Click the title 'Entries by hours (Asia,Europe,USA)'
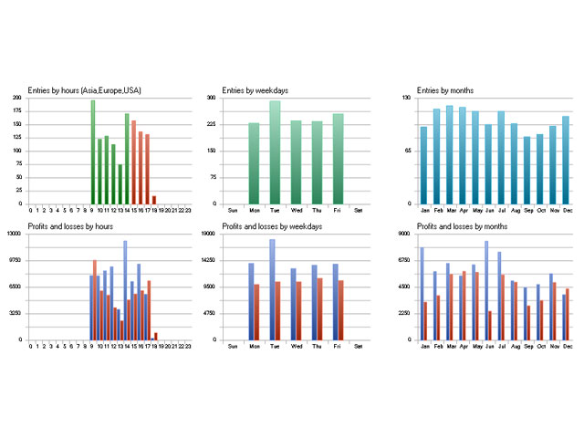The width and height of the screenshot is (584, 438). click(x=85, y=89)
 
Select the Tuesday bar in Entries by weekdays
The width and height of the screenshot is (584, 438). click(x=275, y=152)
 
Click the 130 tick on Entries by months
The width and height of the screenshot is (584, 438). click(x=408, y=98)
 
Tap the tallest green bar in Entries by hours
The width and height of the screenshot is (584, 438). click(x=93, y=151)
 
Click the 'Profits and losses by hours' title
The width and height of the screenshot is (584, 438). click(x=70, y=225)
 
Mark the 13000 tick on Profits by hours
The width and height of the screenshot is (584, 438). click(x=15, y=234)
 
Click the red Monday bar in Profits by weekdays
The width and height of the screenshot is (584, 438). click(x=257, y=311)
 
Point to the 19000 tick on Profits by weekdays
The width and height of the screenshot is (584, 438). click(x=207, y=234)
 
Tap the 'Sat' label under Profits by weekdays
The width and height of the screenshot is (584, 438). click(x=358, y=347)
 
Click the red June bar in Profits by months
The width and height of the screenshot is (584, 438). click(x=490, y=325)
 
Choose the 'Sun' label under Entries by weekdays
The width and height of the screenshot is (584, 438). click(x=232, y=211)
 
